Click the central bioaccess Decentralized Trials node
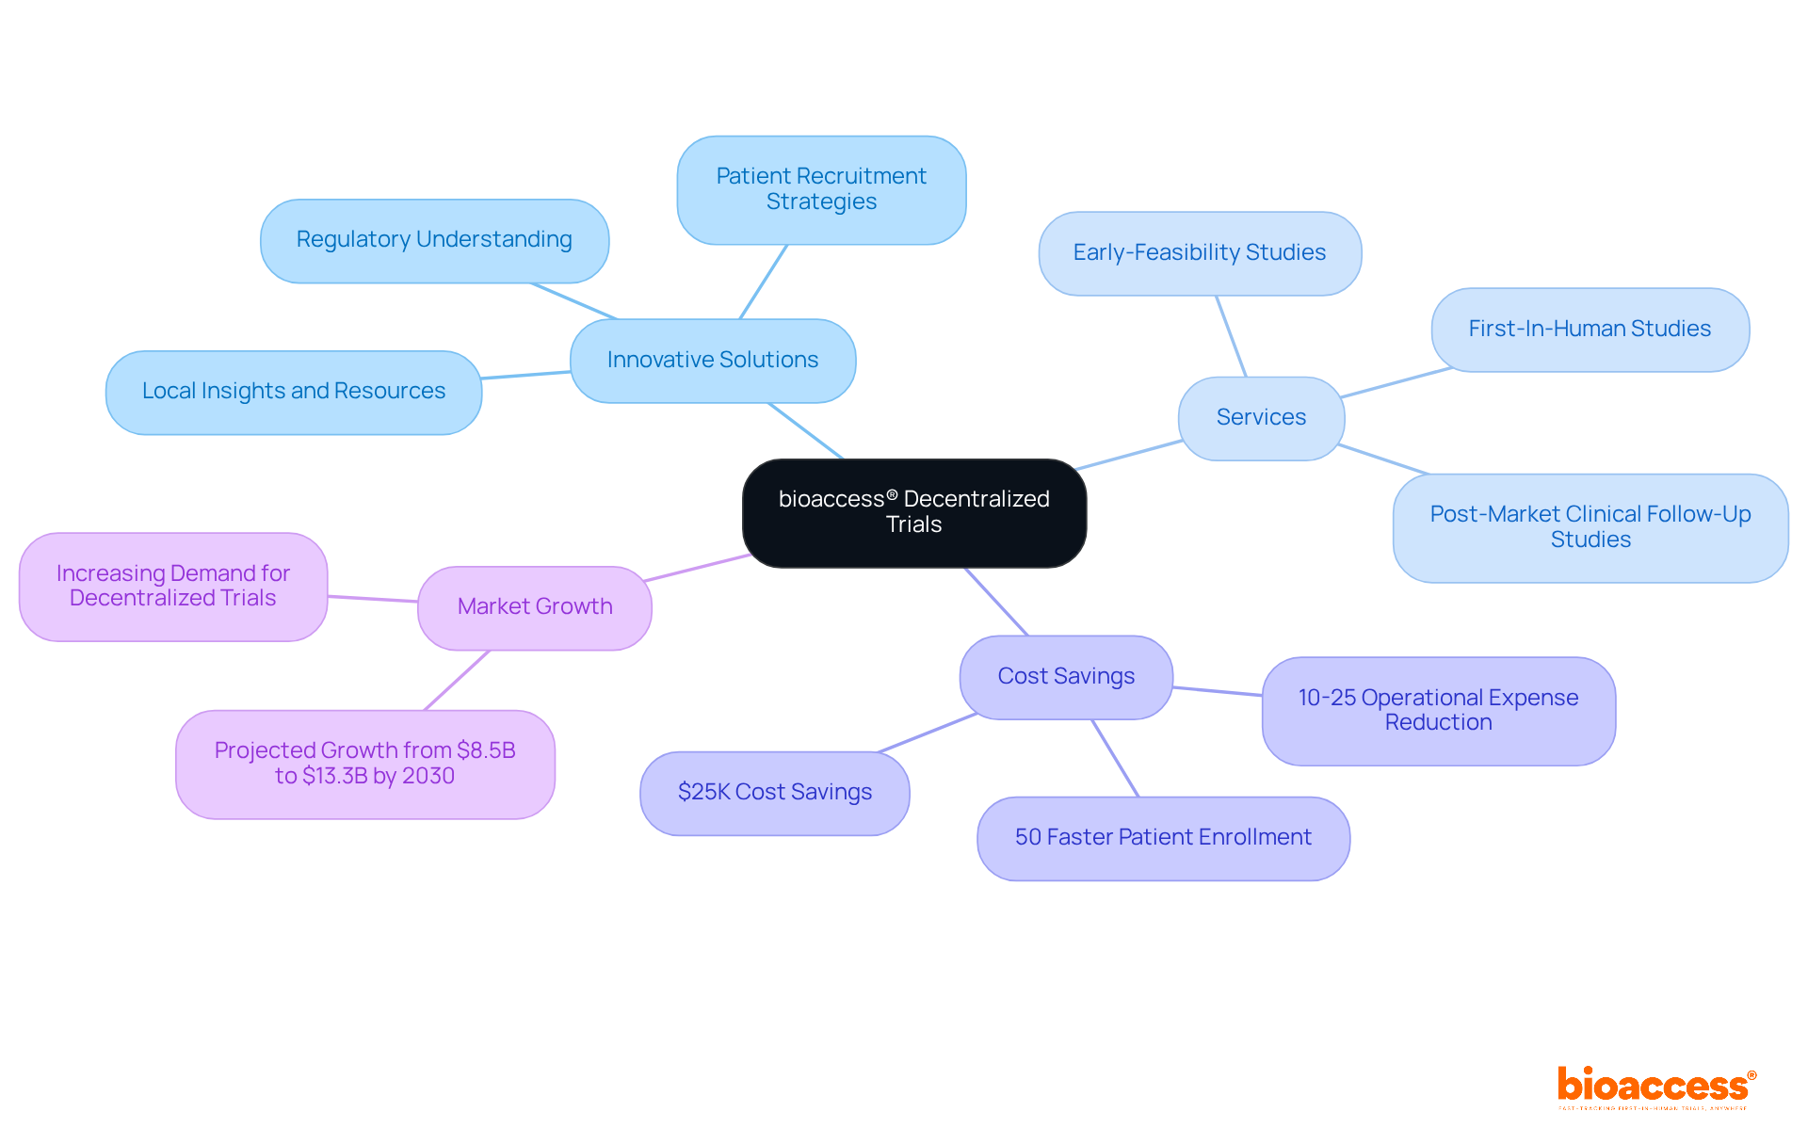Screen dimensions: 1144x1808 coord(913,512)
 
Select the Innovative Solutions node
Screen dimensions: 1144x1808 coord(713,360)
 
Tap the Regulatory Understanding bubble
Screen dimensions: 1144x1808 coord(434,240)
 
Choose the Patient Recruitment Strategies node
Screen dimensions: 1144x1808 coord(821,189)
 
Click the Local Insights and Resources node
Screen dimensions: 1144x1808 coord(294,392)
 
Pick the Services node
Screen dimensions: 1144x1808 coord(1261,417)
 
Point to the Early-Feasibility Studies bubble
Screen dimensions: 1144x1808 coord(1199,253)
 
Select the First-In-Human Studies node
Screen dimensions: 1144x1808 coord(1590,330)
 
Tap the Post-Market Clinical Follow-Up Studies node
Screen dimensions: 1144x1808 coord(1590,527)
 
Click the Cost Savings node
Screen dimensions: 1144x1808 coord(1066,677)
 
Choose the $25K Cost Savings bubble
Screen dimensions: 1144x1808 coord(774,793)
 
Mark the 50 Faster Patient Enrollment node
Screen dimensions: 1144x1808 coord(1163,838)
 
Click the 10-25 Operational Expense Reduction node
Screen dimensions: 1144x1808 coord(1438,711)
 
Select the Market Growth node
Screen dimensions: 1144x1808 coord(535,607)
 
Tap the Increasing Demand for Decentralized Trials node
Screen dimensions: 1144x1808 coord(173,587)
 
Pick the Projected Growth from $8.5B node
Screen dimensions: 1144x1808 coord(365,764)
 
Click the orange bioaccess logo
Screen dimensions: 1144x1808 coord(1655,1086)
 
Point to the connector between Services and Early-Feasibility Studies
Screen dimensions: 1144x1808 coord(1231,336)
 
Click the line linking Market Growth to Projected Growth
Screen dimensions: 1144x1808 coord(457,680)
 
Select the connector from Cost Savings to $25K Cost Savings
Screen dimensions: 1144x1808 coord(928,733)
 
